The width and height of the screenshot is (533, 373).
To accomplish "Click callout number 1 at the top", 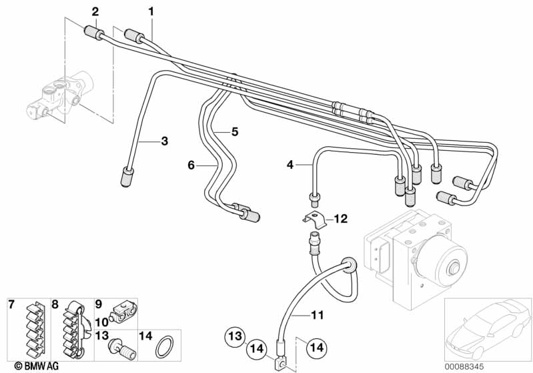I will pos(151,11).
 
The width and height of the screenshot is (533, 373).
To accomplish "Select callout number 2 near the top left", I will pos(95,11).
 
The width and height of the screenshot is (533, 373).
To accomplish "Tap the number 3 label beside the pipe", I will pos(163,141).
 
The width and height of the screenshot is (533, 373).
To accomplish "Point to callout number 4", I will pos(290,163).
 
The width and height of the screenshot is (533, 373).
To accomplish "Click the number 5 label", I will pos(234,131).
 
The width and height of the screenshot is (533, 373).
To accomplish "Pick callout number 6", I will pos(191,165).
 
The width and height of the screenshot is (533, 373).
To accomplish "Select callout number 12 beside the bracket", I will pos(340,218).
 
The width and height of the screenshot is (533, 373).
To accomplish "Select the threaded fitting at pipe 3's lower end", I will pos(127,177).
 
